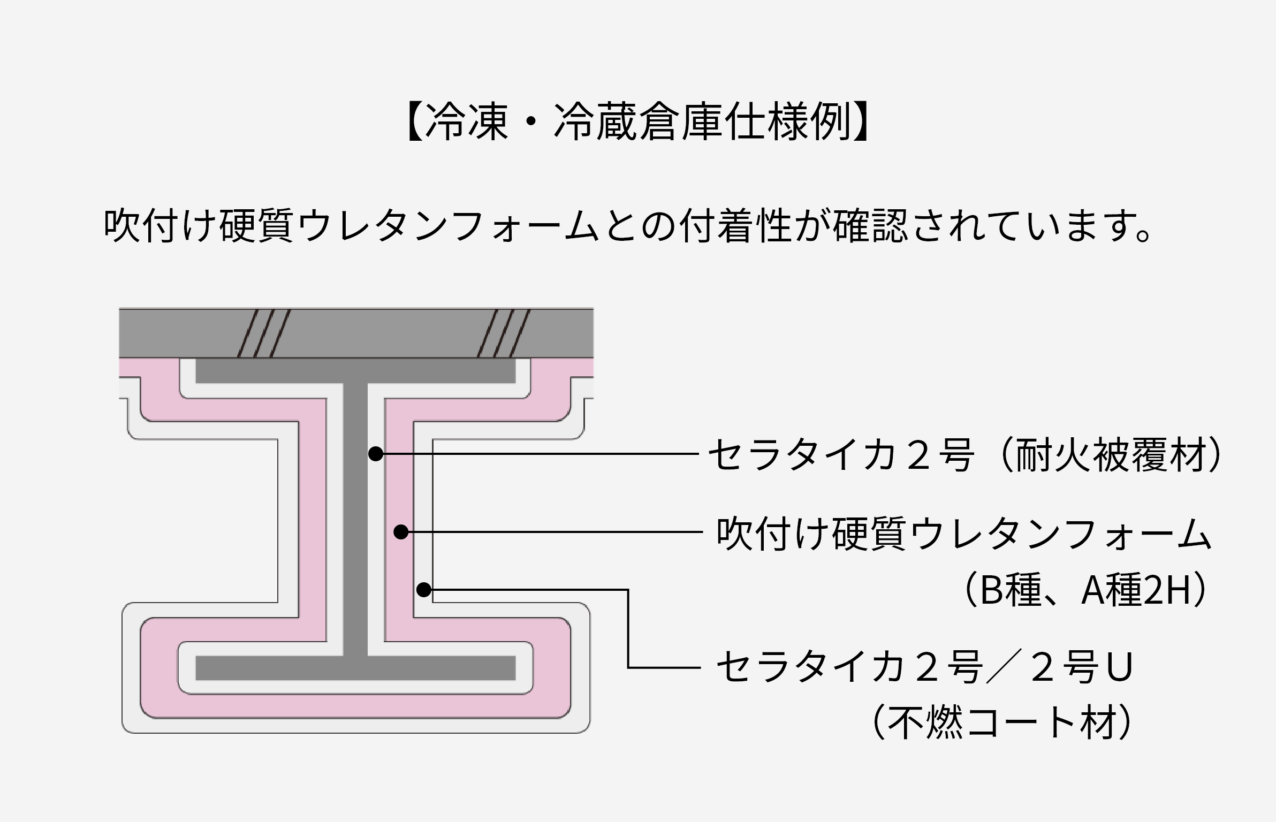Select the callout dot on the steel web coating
tap(376, 454)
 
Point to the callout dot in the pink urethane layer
tap(401, 532)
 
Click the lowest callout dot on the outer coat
tap(424, 590)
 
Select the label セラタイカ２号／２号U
tap(925, 667)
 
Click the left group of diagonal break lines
tap(264, 333)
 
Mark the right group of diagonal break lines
tap(503, 333)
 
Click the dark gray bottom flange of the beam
tap(355, 668)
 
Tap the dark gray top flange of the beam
tap(355, 371)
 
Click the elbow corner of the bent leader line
tap(628, 590)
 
